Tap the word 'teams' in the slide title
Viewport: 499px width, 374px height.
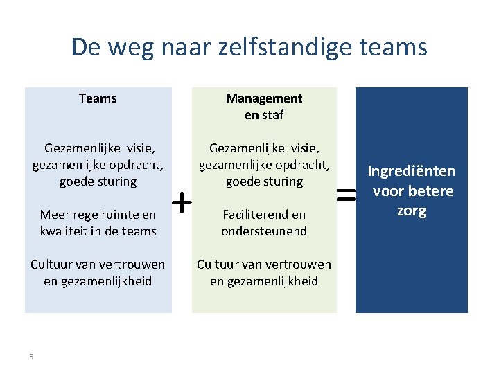[x=399, y=47]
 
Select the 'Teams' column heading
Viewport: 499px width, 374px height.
[x=98, y=98]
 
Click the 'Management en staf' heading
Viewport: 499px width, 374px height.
[x=264, y=107]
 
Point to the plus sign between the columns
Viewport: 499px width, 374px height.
[x=182, y=203]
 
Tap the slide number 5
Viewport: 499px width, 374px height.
[x=31, y=356]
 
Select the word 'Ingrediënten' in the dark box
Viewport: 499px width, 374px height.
[x=412, y=171]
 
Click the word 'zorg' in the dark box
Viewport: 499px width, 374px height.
[x=412, y=211]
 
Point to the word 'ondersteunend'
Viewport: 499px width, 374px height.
[x=264, y=231]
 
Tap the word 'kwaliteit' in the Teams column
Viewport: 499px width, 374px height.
[x=67, y=231]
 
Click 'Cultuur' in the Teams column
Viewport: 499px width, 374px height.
[x=53, y=265]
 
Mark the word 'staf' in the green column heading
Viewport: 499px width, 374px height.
[x=272, y=115]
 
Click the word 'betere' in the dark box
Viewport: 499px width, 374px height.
[x=431, y=191]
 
